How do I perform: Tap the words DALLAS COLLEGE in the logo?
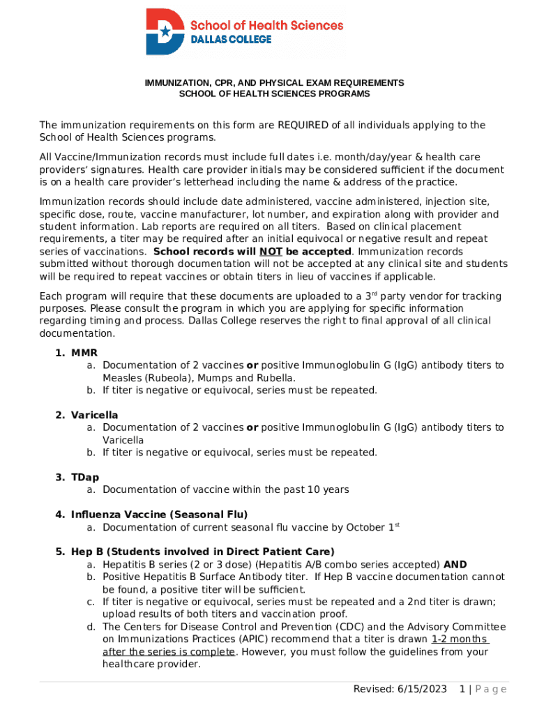tap(231, 40)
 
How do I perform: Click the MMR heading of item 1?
tap(84, 353)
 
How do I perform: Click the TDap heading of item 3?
tap(85, 478)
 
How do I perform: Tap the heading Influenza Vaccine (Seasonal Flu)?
tap(159, 515)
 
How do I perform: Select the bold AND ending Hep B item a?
tap(455, 565)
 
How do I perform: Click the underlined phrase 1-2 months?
tap(460, 639)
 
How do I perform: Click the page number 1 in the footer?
tap(462, 690)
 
